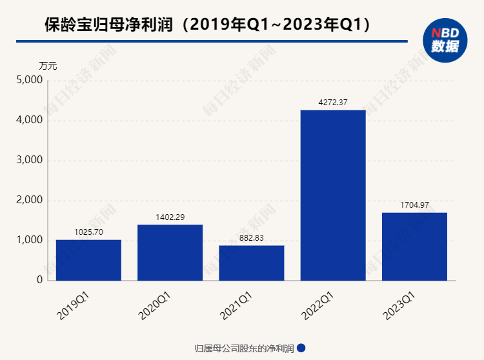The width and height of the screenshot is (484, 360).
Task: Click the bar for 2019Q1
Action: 88,260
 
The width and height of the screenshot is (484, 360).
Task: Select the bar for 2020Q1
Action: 170,252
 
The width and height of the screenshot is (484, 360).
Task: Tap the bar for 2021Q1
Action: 252,263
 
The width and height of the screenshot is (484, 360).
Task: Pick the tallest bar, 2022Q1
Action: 333,195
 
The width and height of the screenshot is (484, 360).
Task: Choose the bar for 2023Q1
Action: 415,246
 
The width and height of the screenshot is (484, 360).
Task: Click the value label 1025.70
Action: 88,231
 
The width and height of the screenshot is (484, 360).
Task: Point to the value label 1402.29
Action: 170,217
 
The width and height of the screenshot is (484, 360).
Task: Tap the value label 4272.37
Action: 333,102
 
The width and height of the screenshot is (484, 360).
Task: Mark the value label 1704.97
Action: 415,205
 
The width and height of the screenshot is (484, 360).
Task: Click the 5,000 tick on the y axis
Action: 29,81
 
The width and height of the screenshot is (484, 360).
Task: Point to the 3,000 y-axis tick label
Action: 29,161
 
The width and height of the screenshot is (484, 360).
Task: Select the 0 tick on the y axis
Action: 39,281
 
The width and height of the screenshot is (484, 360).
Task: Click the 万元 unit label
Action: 48,65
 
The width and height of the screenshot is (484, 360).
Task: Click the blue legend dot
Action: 301,348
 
